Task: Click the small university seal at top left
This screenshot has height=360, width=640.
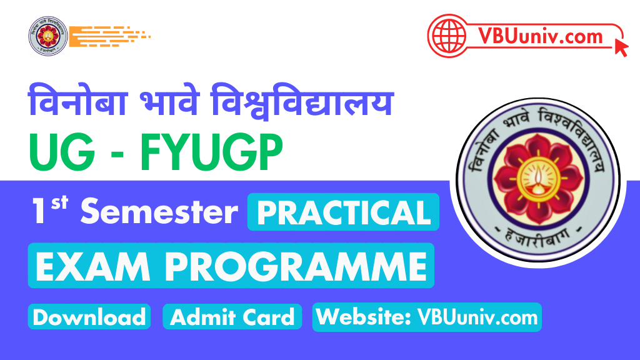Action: point(47,36)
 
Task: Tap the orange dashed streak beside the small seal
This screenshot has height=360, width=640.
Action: point(109,36)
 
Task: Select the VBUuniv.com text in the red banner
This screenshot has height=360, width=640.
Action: point(541,36)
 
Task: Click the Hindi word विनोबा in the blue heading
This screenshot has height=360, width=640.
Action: point(77,101)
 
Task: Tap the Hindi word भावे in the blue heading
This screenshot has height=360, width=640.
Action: point(169,101)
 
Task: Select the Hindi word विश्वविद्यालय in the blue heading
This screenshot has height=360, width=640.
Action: point(302,101)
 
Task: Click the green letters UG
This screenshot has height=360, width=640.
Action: point(62,152)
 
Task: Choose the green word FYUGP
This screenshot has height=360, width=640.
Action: point(211,152)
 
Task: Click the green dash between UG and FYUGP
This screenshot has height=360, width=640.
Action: point(117,156)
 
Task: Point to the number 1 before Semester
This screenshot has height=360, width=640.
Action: point(39,211)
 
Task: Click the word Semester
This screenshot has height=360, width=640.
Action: point(159,211)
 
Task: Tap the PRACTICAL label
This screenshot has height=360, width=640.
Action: point(343,212)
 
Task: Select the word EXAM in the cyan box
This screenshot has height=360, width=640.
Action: point(92,266)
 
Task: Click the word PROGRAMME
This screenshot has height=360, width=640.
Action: point(296,266)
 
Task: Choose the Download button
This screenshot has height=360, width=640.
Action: point(89,317)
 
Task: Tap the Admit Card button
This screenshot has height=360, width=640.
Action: point(232,317)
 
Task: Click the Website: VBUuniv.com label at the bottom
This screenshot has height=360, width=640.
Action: point(427,317)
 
